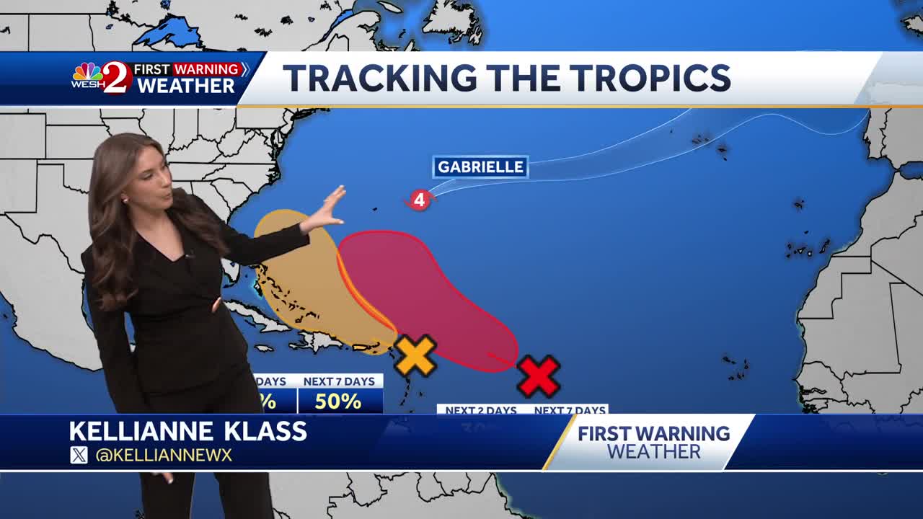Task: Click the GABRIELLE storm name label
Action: tap(480, 167)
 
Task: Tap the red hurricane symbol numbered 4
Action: tap(418, 200)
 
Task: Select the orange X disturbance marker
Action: tap(415, 355)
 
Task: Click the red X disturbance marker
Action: tap(539, 376)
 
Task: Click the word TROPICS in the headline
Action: tap(637, 78)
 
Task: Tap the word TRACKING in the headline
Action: tap(379, 78)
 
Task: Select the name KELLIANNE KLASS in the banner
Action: tap(188, 431)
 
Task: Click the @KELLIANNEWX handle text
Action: tap(164, 455)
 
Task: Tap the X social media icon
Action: tap(79, 455)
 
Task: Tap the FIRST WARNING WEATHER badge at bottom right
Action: tap(653, 442)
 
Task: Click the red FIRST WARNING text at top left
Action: tap(187, 69)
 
